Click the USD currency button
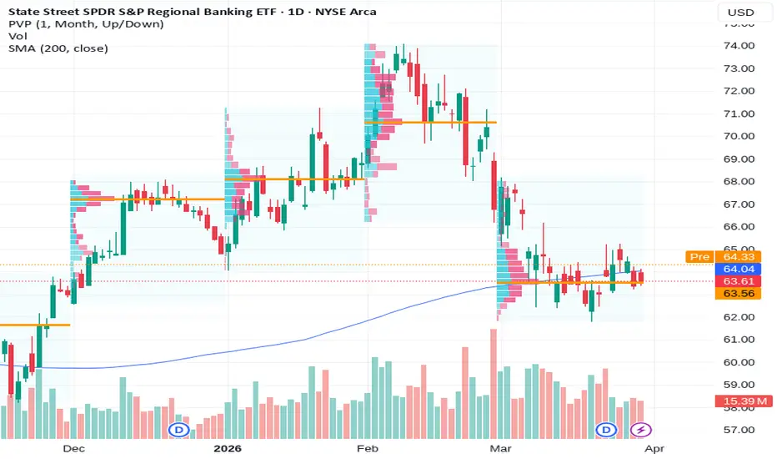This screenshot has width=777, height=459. click(x=740, y=13)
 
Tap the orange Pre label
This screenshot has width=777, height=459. click(x=699, y=256)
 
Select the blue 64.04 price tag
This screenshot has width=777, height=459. click(x=739, y=269)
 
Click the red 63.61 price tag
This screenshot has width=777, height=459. click(x=739, y=281)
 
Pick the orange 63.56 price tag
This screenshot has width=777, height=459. click(x=739, y=294)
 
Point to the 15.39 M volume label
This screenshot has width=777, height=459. click(x=744, y=401)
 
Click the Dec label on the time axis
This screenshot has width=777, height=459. click(x=74, y=449)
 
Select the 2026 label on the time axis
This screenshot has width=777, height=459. click(x=228, y=449)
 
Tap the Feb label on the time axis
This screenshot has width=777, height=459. click(x=367, y=449)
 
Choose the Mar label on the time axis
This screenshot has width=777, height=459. click(x=500, y=449)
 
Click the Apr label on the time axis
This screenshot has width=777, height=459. click(x=654, y=449)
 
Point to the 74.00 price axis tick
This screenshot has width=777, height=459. click(x=739, y=46)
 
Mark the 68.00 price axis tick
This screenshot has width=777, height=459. click(x=739, y=181)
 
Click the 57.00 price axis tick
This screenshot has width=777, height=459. click(x=739, y=430)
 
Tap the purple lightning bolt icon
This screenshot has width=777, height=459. click(x=641, y=430)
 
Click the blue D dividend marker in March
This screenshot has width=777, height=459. click(x=606, y=430)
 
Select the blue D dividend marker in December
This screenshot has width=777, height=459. click(x=179, y=430)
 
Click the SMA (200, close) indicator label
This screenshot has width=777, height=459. click(x=58, y=48)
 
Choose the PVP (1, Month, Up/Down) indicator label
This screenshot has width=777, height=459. click(x=86, y=24)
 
